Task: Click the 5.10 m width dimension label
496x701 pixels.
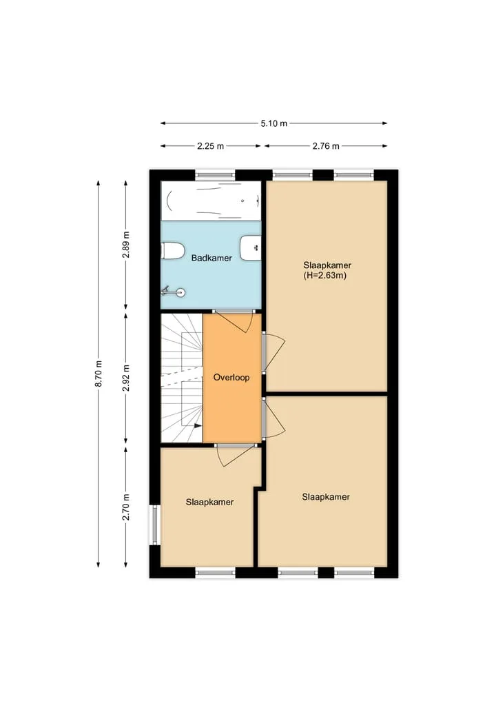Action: point(274,123)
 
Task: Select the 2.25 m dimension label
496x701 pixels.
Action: point(211,146)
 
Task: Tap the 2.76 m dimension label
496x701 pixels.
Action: point(326,146)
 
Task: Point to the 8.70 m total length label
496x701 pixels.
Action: point(99,374)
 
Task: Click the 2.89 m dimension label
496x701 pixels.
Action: point(127,244)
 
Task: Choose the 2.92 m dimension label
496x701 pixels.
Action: point(127,378)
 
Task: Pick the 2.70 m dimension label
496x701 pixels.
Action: point(127,507)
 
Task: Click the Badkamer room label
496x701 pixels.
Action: point(211,258)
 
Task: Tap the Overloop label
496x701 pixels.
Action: point(231,377)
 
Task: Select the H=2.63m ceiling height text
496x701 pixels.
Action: point(325,276)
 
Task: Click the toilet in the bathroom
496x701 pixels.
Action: point(172,250)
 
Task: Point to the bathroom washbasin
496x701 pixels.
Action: point(251,247)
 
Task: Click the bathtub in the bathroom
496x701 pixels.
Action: point(211,201)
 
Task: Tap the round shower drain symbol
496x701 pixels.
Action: point(180,293)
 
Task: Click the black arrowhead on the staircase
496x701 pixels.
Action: point(198,425)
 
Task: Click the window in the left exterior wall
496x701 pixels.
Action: point(154,525)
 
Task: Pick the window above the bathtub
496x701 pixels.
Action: point(216,175)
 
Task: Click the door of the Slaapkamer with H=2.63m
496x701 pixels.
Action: point(273,353)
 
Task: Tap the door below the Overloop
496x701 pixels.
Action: point(236,455)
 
